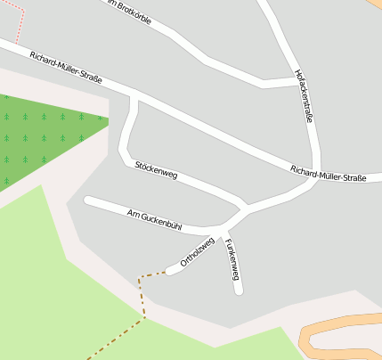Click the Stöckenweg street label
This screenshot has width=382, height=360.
click(156, 170)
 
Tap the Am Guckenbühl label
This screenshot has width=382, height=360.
click(154, 219)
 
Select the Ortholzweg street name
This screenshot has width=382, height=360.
click(198, 252)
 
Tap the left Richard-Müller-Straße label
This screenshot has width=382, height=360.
click(65, 68)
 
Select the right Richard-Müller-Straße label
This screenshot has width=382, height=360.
click(328, 173)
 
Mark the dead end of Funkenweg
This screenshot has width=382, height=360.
click(238, 290)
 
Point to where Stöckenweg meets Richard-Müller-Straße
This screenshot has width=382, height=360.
click(134, 96)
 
